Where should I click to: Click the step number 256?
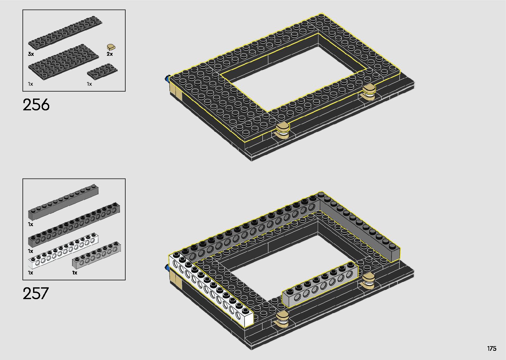coord(36,105)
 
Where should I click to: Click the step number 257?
coord(36,293)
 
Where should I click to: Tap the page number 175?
coord(491,348)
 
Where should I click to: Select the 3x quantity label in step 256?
coord(31,54)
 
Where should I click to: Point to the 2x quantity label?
coord(110,54)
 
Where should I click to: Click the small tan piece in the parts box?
coord(111,47)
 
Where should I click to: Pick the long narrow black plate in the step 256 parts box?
coord(65,33)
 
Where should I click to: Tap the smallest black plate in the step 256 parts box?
coord(102,71)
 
